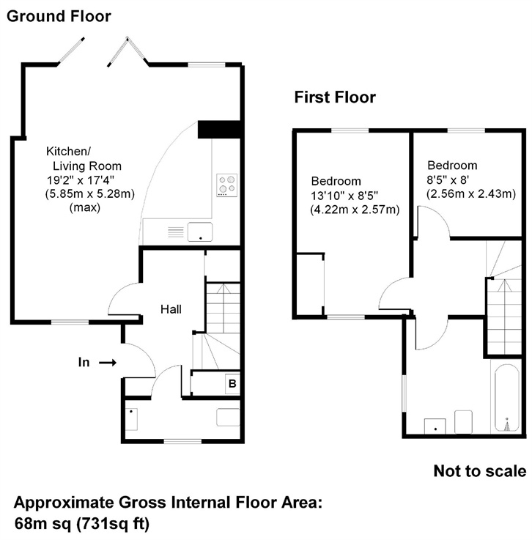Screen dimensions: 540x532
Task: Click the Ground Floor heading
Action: (x=59, y=15)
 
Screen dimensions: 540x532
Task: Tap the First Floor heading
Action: (x=334, y=97)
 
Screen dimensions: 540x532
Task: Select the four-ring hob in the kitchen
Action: (x=227, y=185)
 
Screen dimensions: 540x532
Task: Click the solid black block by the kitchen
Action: (x=219, y=129)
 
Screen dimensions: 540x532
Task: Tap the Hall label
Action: (x=171, y=309)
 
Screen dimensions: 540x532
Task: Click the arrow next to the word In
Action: (x=108, y=362)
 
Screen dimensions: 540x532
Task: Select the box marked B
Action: (x=231, y=384)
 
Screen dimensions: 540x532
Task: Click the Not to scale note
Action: (x=479, y=470)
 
